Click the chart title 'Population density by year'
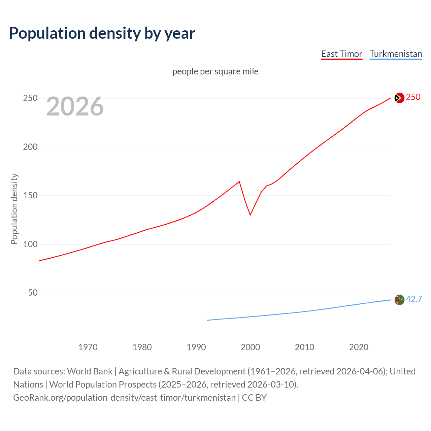(102, 33)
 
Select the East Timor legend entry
(342, 54)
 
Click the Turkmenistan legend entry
(396, 54)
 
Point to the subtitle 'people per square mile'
(215, 71)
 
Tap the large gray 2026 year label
(75, 106)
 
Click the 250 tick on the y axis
(30, 98)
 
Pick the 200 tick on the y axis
(30, 147)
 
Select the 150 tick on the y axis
(30, 196)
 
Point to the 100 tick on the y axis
(30, 244)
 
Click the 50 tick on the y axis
(33, 293)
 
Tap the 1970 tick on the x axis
(88, 347)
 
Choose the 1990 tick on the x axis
(196, 347)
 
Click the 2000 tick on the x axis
(250, 347)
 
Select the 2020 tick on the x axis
(359, 347)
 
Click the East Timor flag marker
(399, 98)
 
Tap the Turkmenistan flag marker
(399, 299)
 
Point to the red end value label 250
(413, 97)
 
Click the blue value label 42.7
(414, 299)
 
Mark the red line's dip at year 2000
(250, 215)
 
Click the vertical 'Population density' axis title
(14, 209)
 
